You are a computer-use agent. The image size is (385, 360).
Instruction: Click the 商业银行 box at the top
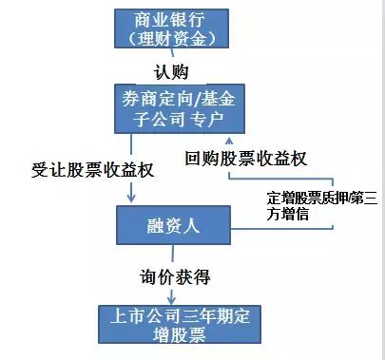click(174, 28)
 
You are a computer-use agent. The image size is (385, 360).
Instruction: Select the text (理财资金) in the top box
click(174, 39)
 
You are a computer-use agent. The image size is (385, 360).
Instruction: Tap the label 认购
click(175, 71)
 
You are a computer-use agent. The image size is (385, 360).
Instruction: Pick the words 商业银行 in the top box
click(174, 19)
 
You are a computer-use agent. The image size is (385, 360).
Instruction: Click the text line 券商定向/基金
click(181, 97)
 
